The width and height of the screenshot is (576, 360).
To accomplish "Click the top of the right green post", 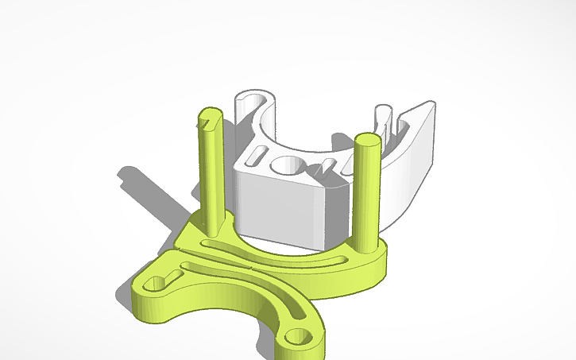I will pyautogui.click(x=366, y=141).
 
